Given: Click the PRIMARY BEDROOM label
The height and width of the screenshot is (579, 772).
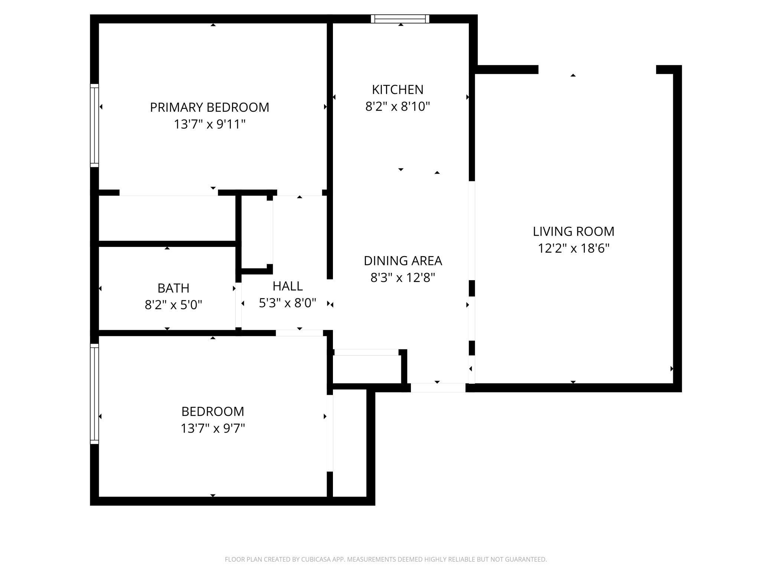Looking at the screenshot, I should pos(209,107).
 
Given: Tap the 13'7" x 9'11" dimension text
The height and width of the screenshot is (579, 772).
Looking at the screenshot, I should pos(210,124).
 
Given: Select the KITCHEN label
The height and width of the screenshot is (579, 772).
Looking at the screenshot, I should pos(398,89).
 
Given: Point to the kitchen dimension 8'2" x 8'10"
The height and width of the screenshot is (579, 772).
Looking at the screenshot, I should pos(398,107).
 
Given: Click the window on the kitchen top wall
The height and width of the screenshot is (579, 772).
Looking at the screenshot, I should pos(400,19).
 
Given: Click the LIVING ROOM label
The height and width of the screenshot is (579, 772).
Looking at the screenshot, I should pos(573,231).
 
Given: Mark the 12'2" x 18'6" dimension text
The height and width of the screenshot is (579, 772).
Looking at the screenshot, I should pos(573,248).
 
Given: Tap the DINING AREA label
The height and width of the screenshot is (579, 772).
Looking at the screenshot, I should pos(403,261).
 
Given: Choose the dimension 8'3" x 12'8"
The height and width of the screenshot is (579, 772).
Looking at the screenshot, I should pos(403,277).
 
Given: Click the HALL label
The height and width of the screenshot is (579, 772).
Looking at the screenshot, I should pos(288,286).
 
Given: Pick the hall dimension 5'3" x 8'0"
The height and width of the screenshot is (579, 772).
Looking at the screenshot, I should pos(288,303).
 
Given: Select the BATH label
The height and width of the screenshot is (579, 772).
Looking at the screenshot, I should pos(173,288).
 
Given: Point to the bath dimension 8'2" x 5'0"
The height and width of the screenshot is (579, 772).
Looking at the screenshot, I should pos(173,305).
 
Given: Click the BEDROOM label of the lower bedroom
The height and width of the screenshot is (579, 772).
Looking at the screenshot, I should pos(213,411).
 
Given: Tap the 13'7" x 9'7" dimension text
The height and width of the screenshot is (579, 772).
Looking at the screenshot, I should pos(213,428).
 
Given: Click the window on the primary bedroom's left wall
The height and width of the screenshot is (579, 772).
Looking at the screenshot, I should pos(95,125).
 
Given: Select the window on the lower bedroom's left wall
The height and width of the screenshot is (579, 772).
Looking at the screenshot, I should pos(95,393).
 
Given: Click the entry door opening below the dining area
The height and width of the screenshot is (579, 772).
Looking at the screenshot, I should pos(438,388).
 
